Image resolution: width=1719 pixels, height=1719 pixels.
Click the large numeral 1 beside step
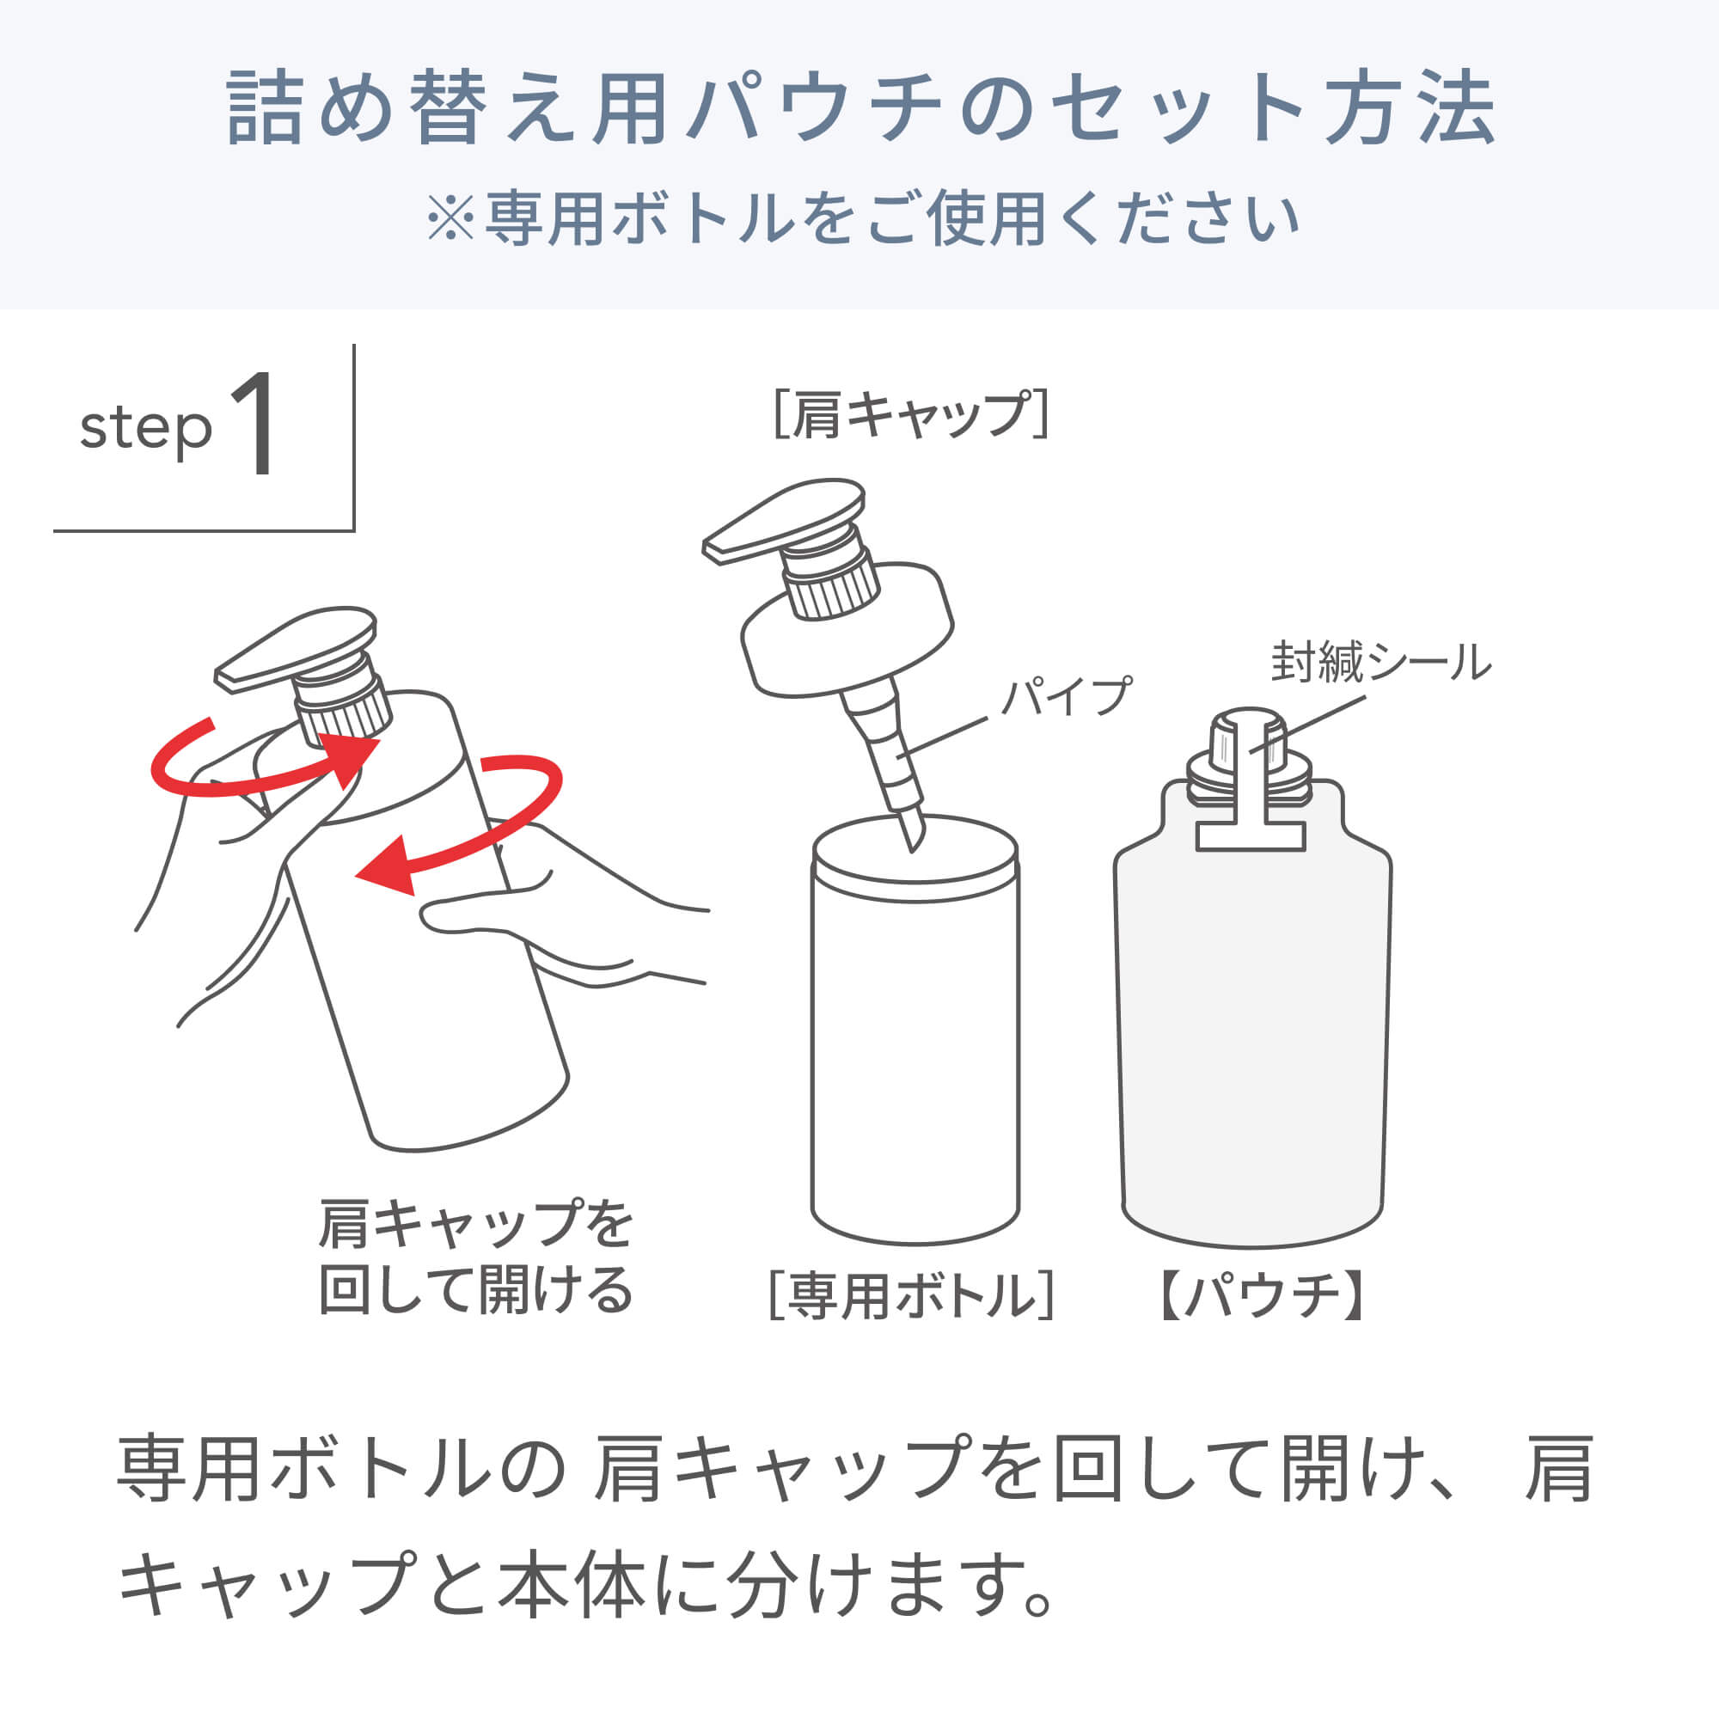click(254, 425)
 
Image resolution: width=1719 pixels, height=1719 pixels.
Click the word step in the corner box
click(146, 430)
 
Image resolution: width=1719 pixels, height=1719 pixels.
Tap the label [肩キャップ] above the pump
click(911, 414)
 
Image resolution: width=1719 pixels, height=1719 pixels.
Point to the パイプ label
click(1065, 697)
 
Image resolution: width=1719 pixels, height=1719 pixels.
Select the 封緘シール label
click(1380, 663)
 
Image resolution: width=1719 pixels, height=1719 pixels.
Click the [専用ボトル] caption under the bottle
click(911, 1296)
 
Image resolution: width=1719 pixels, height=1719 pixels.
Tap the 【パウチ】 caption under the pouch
click(1262, 1296)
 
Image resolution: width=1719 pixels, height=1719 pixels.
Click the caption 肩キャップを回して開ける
click(475, 1257)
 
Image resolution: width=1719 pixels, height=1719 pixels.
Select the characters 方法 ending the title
click(1410, 108)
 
